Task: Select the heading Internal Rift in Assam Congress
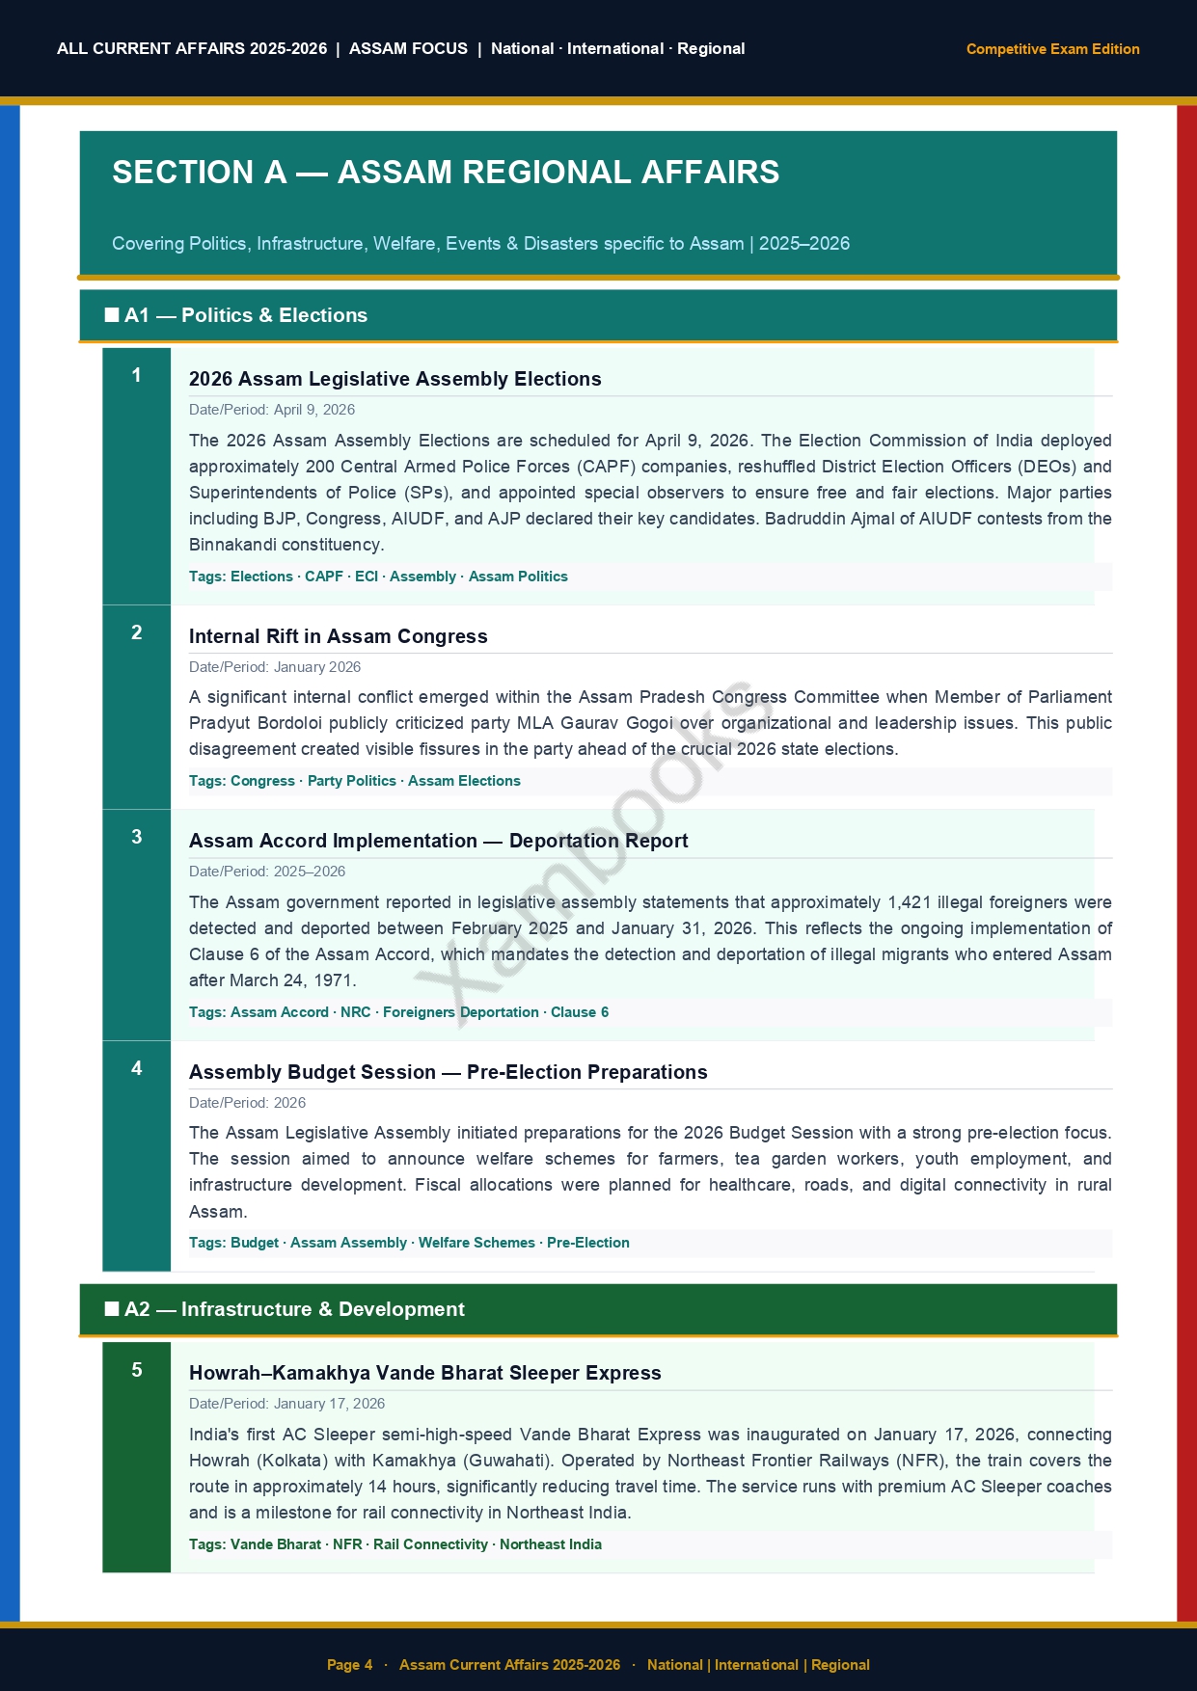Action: click(339, 636)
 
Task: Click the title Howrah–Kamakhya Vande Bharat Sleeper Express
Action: click(425, 1373)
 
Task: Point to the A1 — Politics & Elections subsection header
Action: click(246, 315)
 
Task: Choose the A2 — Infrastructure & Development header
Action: click(294, 1309)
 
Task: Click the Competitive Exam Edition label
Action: click(1052, 49)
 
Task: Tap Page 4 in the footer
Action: click(349, 1665)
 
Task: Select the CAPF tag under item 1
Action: click(324, 577)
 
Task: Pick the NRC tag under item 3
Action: click(356, 1012)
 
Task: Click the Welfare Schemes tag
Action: click(476, 1243)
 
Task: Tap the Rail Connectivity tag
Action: click(430, 1544)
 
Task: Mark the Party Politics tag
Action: click(351, 781)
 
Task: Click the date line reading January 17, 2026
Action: click(287, 1404)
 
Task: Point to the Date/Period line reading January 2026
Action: click(275, 667)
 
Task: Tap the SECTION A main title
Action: click(446, 173)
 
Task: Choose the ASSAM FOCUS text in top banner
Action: click(408, 49)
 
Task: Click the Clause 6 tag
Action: click(580, 1012)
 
